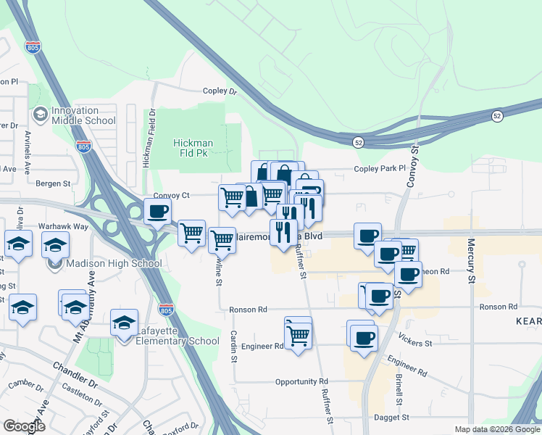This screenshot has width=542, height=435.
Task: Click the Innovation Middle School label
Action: pyautogui.click(x=83, y=115)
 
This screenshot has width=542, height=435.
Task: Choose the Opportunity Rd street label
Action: pyautogui.click(x=301, y=381)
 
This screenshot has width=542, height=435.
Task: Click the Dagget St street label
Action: pyautogui.click(x=392, y=418)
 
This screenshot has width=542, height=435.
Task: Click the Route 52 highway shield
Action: pyautogui.click(x=496, y=116)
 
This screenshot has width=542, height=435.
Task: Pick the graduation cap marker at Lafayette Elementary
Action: pyautogui.click(x=124, y=322)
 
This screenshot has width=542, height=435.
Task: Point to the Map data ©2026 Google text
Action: pyautogui.click(x=496, y=429)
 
